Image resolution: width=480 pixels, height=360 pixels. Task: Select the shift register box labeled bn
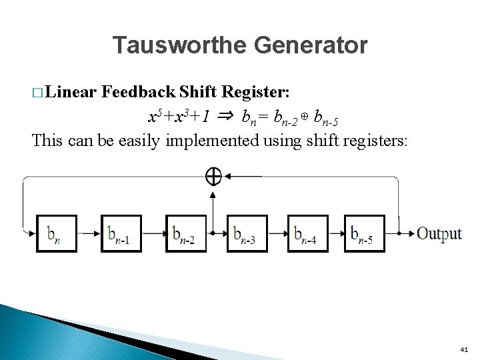tap(57, 233)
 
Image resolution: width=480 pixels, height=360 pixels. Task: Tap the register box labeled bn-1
tap(121, 233)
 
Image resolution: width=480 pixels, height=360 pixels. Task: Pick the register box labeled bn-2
tap(186, 233)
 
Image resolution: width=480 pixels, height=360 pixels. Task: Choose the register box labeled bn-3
tap(247, 233)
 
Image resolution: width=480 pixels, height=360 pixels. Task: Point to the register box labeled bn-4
tap(307, 233)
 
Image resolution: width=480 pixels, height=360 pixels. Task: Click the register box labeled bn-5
tap(364, 233)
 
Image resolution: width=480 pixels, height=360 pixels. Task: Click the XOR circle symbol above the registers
tap(213, 176)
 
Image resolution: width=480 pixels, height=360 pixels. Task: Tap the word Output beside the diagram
tap(439, 233)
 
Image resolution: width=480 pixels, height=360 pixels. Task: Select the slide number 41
tap(464, 349)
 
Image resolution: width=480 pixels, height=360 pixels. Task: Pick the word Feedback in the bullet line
tap(139, 91)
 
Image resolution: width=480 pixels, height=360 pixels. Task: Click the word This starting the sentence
tap(48, 141)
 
